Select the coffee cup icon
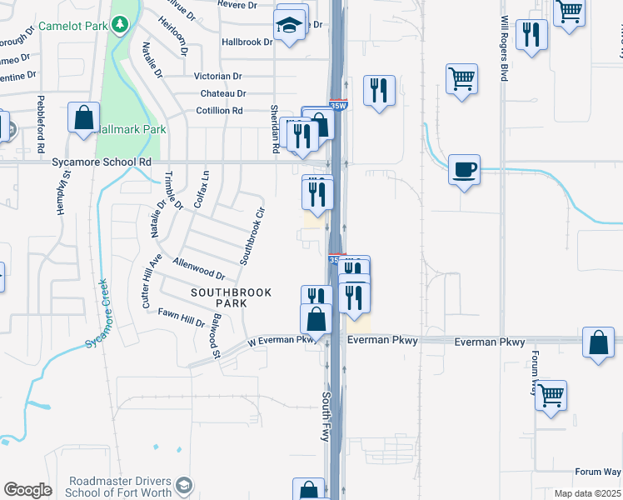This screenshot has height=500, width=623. (x=465, y=170)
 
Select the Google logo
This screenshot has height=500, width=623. (x=27, y=490)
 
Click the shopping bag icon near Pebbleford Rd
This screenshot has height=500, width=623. (x=84, y=119)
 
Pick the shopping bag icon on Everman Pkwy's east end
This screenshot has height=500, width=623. (x=598, y=342)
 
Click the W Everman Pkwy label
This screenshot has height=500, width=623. (x=282, y=340)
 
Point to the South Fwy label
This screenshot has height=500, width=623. (x=327, y=417)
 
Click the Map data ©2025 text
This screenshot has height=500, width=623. (x=588, y=493)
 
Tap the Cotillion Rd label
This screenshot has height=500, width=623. (x=219, y=110)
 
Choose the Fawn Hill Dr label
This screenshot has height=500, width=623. (x=182, y=317)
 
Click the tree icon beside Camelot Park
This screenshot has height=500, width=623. (x=120, y=25)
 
